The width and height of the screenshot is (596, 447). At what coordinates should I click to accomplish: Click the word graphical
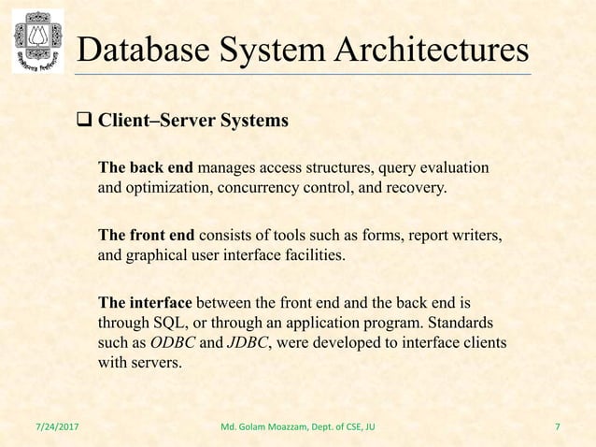159,252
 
